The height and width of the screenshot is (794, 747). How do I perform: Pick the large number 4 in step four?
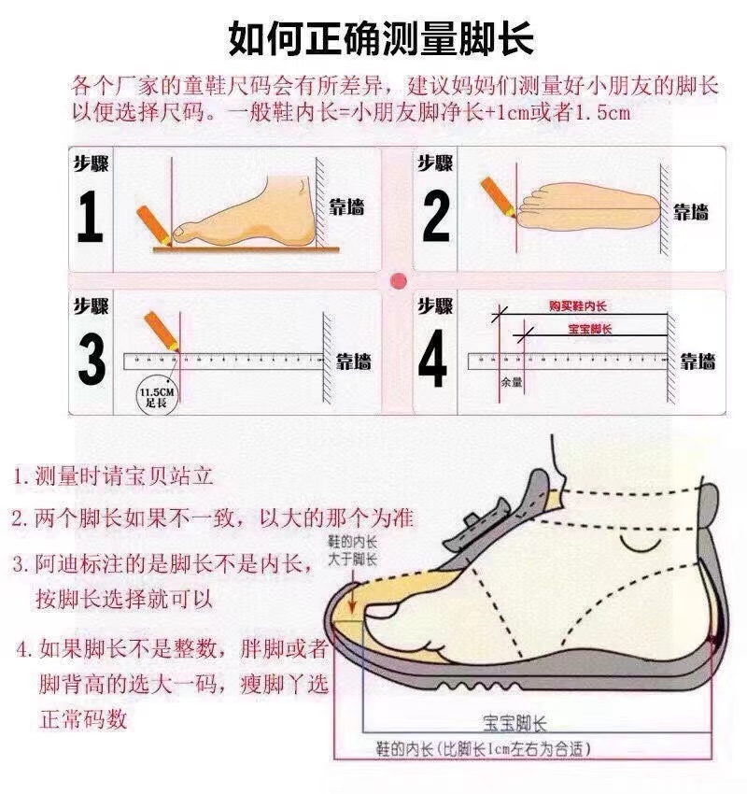click(x=432, y=360)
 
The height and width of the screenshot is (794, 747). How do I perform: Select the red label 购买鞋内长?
click(x=577, y=306)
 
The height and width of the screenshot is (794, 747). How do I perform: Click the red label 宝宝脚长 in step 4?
click(x=589, y=330)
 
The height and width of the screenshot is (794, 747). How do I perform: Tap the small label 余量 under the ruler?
click(x=511, y=382)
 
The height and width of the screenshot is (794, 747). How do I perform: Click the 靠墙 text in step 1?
click(x=345, y=207)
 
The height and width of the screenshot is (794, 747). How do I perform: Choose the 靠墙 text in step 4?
click(x=697, y=361)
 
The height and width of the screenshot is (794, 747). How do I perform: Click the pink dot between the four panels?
click(x=399, y=280)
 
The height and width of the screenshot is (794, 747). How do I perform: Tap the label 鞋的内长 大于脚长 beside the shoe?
click(x=351, y=551)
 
